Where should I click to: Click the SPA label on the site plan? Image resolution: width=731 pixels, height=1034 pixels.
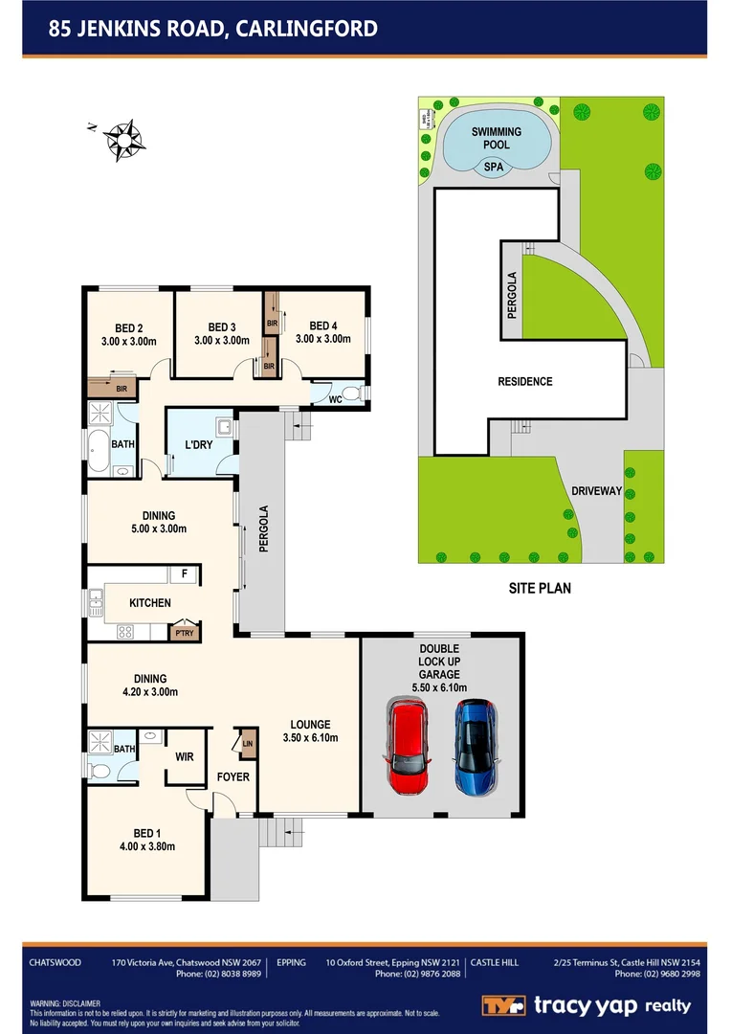pyautogui.click(x=493, y=166)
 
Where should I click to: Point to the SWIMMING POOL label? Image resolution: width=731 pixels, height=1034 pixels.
pyautogui.click(x=496, y=138)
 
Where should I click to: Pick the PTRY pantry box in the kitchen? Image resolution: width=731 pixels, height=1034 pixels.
pyautogui.click(x=182, y=632)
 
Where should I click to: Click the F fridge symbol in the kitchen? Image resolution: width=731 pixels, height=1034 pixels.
pyautogui.click(x=184, y=574)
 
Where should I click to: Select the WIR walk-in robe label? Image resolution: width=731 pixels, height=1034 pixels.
pyautogui.click(x=184, y=757)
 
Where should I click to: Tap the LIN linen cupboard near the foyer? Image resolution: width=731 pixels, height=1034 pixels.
pyautogui.click(x=247, y=743)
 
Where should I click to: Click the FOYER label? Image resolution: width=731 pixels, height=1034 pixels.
pyautogui.click(x=233, y=776)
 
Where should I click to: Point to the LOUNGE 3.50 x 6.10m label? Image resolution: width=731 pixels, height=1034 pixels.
pyautogui.click(x=311, y=731)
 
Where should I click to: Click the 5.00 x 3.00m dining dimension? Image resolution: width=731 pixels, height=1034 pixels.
pyautogui.click(x=158, y=528)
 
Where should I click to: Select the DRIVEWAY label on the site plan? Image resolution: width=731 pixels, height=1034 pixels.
pyautogui.click(x=596, y=491)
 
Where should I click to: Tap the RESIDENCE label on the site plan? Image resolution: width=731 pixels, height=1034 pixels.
pyautogui.click(x=524, y=382)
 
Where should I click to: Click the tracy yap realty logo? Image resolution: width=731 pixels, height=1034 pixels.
pyautogui.click(x=586, y=1005)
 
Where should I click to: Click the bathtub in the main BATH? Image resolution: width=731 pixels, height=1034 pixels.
pyautogui.click(x=99, y=452)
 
